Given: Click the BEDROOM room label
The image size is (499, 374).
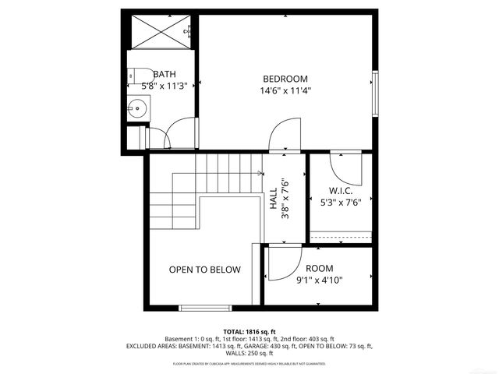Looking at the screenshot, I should click(x=285, y=79).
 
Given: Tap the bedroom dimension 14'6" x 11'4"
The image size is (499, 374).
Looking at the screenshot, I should click(x=285, y=90).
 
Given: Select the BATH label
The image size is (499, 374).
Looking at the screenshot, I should click(x=164, y=74).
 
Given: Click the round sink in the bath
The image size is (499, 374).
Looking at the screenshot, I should click(x=136, y=108).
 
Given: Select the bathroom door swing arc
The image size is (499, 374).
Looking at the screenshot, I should click(x=179, y=129).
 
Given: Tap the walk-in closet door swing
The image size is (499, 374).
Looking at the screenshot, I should click(x=343, y=165).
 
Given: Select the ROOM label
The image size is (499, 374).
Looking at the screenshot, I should click(x=320, y=269).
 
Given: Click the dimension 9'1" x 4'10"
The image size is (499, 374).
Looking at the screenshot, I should click(x=320, y=280).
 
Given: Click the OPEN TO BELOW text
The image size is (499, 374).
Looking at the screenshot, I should click(x=204, y=270).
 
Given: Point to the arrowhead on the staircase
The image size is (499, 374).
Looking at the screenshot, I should click(x=260, y=175).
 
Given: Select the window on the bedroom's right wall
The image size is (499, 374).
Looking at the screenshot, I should click(x=376, y=93).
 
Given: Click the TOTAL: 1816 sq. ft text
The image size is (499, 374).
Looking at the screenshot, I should click(x=249, y=331).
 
